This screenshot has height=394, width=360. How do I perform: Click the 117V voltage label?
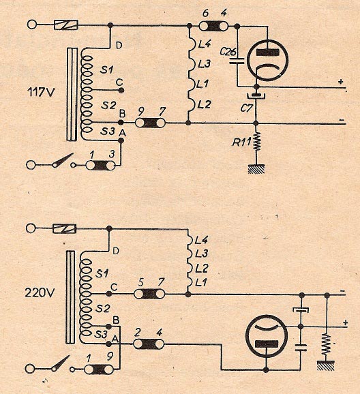point(40,92)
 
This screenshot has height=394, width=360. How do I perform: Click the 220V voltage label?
point(40,292)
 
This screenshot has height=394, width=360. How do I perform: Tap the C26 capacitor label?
point(228,52)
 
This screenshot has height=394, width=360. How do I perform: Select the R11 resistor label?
point(241,142)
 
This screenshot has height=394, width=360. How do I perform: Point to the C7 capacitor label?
point(246,108)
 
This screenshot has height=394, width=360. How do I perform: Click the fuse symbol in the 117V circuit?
point(66,25)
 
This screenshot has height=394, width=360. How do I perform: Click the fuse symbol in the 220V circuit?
point(64,228)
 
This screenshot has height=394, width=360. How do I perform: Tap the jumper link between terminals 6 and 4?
point(213,26)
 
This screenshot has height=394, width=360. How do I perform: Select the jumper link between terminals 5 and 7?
point(149,294)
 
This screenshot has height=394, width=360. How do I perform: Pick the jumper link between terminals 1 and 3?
point(100,166)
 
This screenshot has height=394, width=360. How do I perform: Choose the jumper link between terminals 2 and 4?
point(149,344)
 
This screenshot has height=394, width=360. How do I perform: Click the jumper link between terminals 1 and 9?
point(99,369)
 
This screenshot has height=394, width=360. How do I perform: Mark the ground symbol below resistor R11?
point(256,169)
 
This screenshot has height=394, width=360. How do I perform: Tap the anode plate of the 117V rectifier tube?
point(267,52)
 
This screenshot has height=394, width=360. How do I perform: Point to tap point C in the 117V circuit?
point(121,90)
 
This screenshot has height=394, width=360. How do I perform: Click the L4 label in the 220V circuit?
point(201,241)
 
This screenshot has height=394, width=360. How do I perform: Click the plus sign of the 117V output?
point(341,82)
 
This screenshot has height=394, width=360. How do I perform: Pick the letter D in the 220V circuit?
point(116,251)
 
